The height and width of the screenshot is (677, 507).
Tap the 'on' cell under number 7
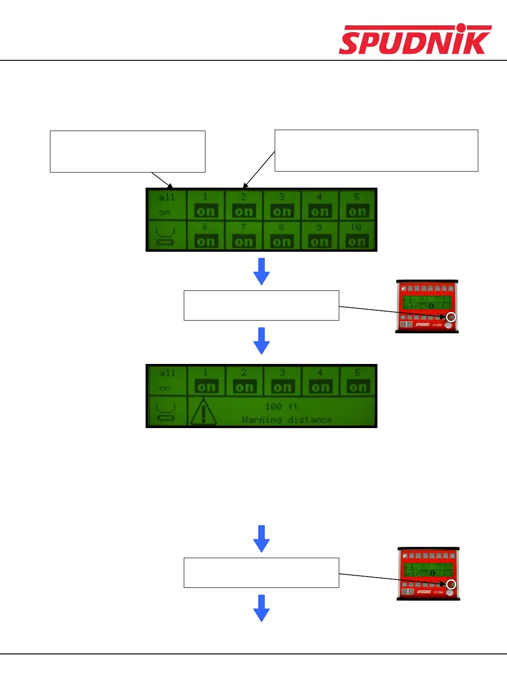coord(244,241)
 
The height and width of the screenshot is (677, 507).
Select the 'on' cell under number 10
coord(357,241)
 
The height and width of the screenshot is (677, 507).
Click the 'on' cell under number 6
coord(205,241)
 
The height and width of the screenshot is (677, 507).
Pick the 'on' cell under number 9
coord(319,241)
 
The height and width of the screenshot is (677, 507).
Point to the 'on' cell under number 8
coord(281,241)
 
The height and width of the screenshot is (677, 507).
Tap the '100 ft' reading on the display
coord(281,406)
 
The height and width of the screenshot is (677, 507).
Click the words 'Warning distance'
coord(286,420)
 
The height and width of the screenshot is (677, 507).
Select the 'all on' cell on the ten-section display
coord(166,205)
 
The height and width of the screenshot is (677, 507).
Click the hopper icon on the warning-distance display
coord(165,412)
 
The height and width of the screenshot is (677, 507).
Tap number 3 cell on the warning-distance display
coord(282,381)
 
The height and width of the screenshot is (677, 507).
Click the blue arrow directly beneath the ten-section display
coord(262,271)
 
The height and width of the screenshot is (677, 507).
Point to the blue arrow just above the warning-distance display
coord(262,340)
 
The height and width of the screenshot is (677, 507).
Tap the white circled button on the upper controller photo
coord(451,317)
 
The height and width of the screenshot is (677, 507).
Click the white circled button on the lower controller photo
coord(451,585)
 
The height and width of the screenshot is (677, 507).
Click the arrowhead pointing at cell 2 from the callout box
coord(244,186)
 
